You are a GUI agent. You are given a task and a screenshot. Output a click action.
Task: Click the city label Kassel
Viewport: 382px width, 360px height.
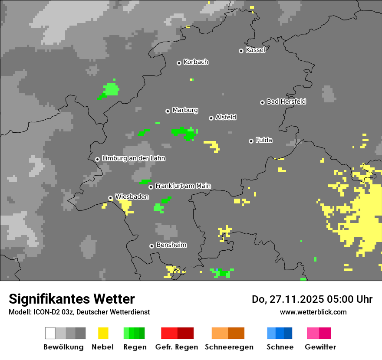pyautogui.click(x=255, y=50)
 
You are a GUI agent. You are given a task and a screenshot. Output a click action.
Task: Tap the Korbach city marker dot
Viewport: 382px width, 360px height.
pyautogui.click(x=179, y=63)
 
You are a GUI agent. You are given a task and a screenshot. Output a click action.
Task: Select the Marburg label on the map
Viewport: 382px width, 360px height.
pyautogui.click(x=185, y=110)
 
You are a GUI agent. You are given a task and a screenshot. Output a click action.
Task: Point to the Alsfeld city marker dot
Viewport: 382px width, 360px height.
pyautogui.click(x=211, y=118)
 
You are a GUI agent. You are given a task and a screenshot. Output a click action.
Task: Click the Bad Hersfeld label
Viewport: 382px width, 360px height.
pyautogui.click(x=286, y=101)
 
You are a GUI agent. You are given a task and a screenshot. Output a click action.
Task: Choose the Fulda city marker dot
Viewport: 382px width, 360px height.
pyautogui.click(x=251, y=141)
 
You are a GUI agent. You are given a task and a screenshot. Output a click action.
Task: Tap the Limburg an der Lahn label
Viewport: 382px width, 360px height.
pyautogui.click(x=133, y=158)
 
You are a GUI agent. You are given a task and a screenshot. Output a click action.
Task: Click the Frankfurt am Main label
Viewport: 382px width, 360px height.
pyautogui.click(x=183, y=186)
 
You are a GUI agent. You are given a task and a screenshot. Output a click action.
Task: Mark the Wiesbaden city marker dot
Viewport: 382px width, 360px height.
pyautogui.click(x=110, y=198)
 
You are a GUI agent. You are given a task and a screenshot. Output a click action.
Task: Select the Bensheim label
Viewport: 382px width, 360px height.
pyautogui.click(x=171, y=245)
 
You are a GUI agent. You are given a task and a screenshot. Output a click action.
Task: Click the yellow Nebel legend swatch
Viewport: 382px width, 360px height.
pyautogui.click(x=103, y=333)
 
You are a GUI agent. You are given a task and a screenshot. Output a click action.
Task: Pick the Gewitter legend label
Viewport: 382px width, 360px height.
pyautogui.click(x=320, y=347)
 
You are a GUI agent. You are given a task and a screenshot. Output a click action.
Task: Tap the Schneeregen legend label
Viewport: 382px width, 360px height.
pyautogui.click(x=229, y=347)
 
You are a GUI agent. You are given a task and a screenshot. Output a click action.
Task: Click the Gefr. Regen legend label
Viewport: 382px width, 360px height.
pyautogui.click(x=177, y=347)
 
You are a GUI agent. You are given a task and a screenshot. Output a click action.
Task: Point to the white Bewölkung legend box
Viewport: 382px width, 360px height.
pyautogui.click(x=50, y=333)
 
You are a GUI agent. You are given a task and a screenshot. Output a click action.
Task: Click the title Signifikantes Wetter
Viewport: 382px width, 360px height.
pyautogui.click(x=72, y=299)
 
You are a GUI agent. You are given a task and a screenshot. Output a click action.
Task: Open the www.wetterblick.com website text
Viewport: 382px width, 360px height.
pyautogui.click(x=313, y=312)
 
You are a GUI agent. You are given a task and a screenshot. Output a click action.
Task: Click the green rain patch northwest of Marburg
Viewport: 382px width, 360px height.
pyautogui.click(x=110, y=90)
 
